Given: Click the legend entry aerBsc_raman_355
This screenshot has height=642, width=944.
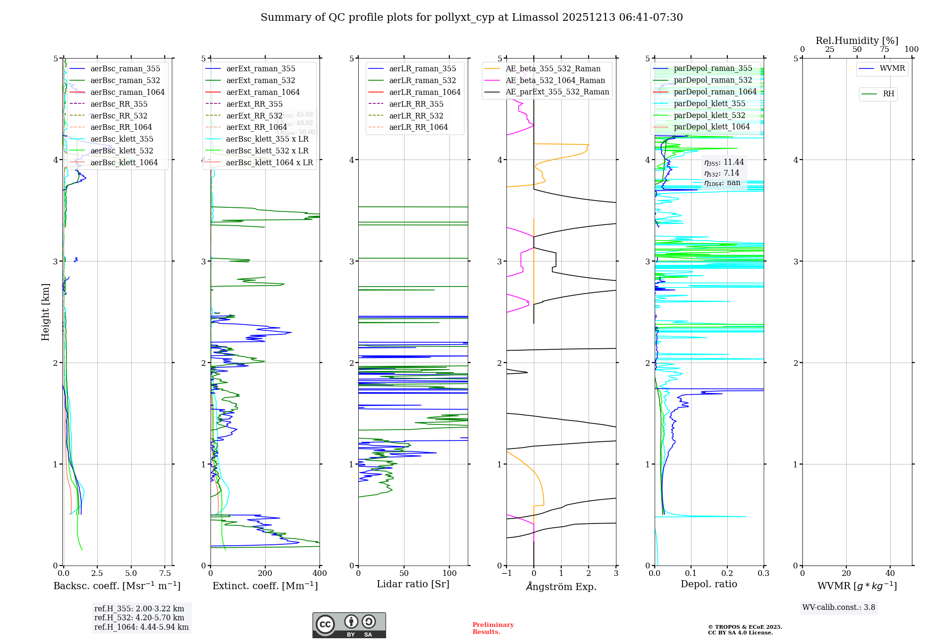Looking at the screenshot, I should [x=125, y=69].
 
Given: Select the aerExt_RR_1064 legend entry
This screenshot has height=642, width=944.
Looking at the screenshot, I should [x=256, y=127].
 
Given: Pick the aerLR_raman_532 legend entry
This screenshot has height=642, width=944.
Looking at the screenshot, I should [x=422, y=81].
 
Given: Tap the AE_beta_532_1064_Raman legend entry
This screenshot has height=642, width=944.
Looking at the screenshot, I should [x=555, y=81].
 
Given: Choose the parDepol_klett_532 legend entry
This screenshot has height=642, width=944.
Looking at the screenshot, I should [x=709, y=116].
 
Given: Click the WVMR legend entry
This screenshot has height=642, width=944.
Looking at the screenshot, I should [x=892, y=68].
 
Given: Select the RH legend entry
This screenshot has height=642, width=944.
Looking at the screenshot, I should [x=888, y=94].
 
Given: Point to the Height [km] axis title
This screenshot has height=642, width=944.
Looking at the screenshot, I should [x=45, y=312].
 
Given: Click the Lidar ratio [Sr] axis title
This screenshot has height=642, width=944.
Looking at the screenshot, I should [x=413, y=584].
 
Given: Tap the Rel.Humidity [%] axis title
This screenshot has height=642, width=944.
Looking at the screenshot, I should [x=857, y=41].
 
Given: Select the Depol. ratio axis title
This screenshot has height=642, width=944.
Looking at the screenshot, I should [x=708, y=584].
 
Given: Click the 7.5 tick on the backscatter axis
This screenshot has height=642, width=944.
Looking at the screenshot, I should [x=165, y=574].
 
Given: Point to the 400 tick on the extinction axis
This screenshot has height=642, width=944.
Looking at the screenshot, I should [x=320, y=574].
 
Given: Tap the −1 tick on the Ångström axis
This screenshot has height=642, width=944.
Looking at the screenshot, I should [x=506, y=574].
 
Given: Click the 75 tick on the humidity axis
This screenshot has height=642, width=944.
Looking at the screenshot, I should [x=884, y=50].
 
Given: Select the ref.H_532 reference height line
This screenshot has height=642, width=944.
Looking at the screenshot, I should [x=139, y=618].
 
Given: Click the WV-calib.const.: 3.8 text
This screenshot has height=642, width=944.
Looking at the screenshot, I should [x=839, y=608].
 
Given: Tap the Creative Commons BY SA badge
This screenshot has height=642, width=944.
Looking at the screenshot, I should [x=349, y=625].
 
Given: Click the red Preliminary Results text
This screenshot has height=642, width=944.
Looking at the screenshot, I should [x=493, y=628].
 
